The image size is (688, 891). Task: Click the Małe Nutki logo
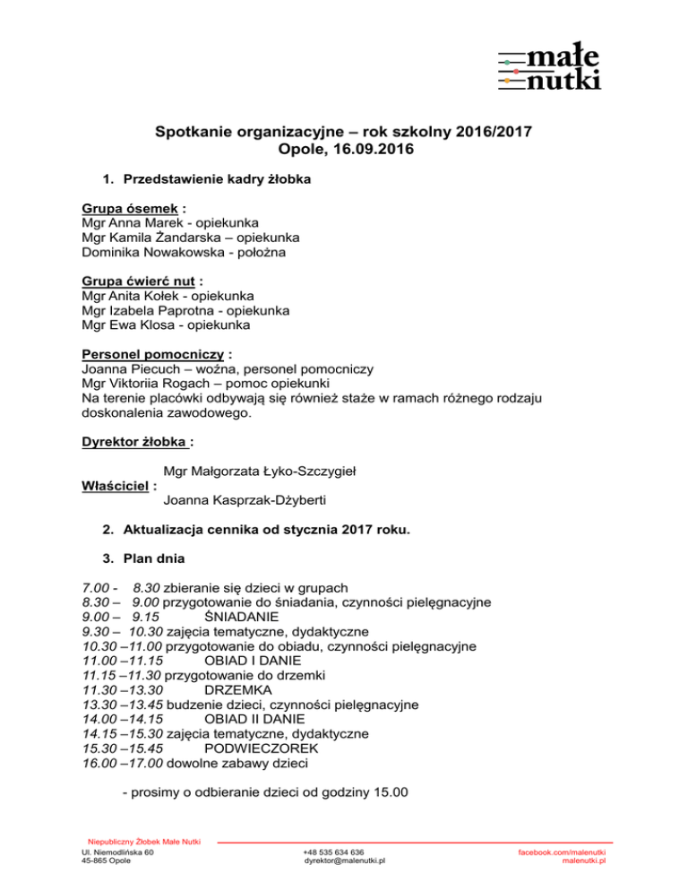(549, 70)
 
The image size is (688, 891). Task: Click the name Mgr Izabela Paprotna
(149, 310)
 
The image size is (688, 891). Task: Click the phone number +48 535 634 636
(333, 852)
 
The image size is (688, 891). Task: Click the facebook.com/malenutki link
(563, 852)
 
